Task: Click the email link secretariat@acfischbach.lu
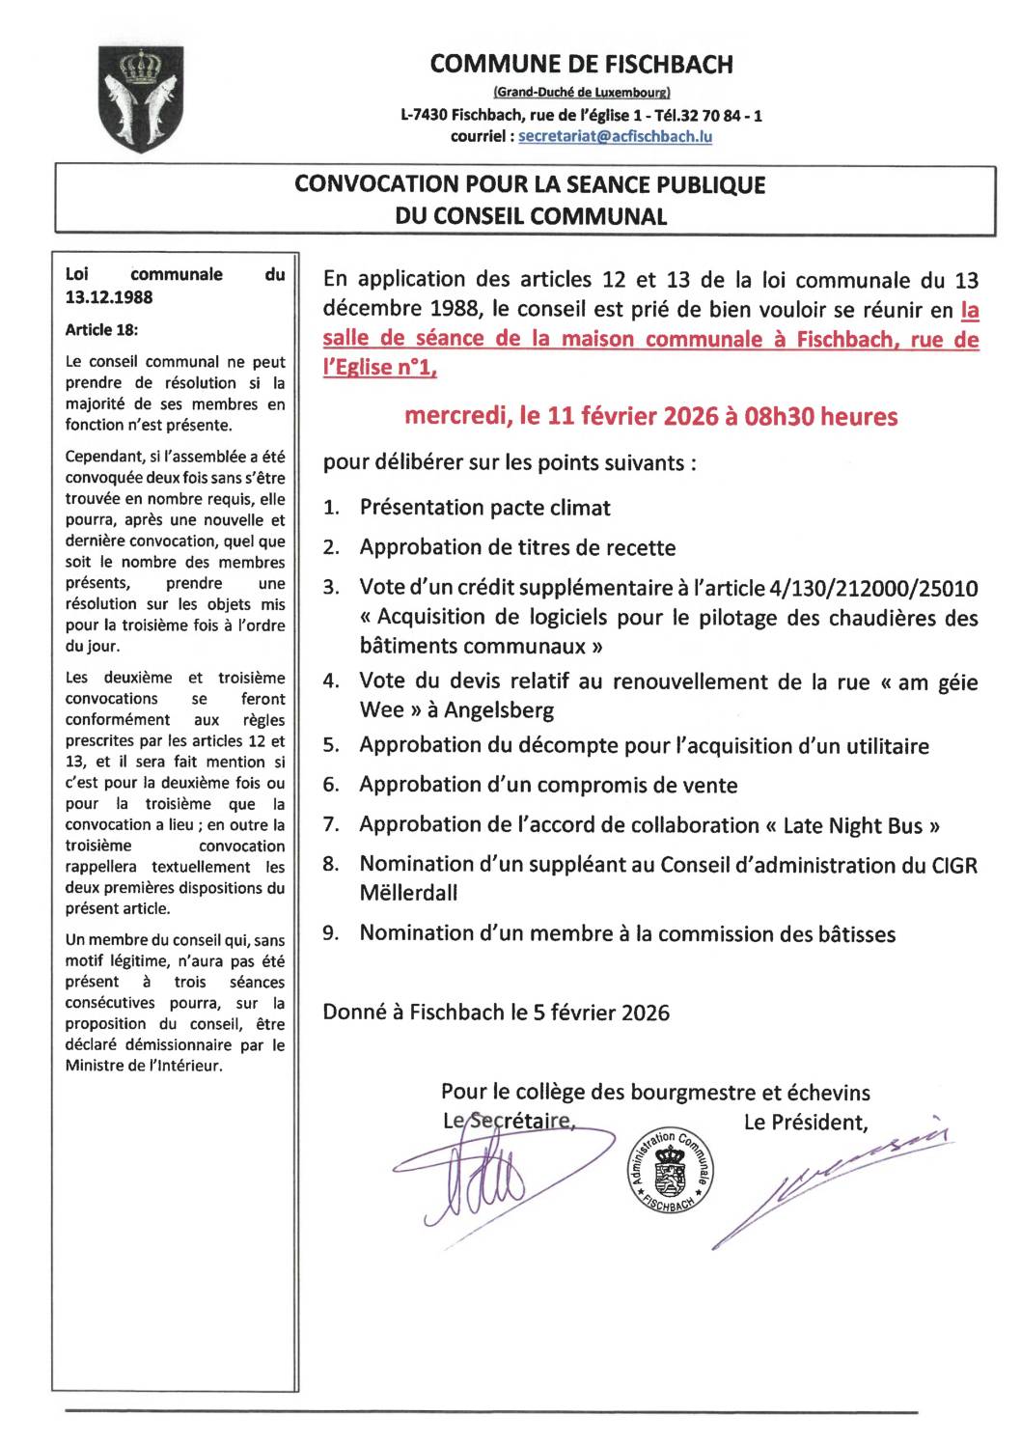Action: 615,137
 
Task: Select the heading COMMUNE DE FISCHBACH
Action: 581,65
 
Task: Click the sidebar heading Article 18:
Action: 101,330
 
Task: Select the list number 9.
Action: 330,934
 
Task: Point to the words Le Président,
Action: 805,1123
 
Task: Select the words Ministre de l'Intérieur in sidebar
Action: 143,1067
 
